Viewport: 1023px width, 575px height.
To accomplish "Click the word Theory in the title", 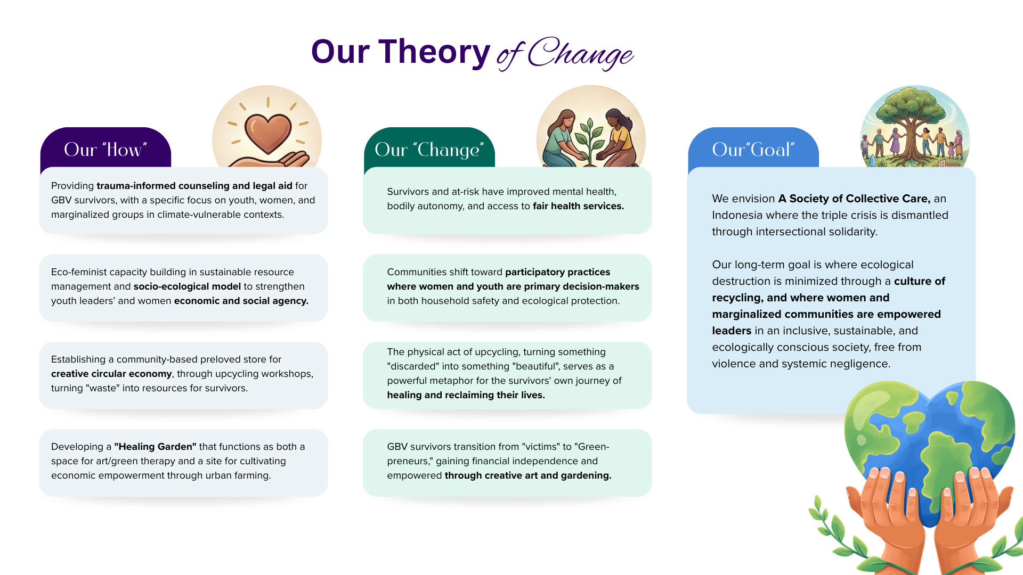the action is click(x=434, y=53).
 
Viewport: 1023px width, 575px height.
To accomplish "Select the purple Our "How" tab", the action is click(x=105, y=149).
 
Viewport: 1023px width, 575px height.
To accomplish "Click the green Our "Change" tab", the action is click(x=429, y=149).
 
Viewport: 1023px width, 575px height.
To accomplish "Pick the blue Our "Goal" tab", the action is click(x=753, y=149).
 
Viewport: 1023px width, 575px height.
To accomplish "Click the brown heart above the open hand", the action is click(x=268, y=133).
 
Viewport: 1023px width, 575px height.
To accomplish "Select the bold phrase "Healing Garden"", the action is click(x=155, y=447).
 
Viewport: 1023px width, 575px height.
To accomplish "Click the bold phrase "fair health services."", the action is click(x=578, y=206).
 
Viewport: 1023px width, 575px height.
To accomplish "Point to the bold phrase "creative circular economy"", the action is click(x=111, y=374).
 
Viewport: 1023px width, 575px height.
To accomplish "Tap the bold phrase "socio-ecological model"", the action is click(x=187, y=286).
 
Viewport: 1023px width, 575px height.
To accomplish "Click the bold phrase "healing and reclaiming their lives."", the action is click(x=466, y=395).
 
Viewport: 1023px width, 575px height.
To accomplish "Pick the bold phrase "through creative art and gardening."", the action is click(x=528, y=475).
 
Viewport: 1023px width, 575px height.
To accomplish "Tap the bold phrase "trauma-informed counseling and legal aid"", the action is click(x=194, y=186).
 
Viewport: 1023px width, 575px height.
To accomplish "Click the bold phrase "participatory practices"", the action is click(x=558, y=272).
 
